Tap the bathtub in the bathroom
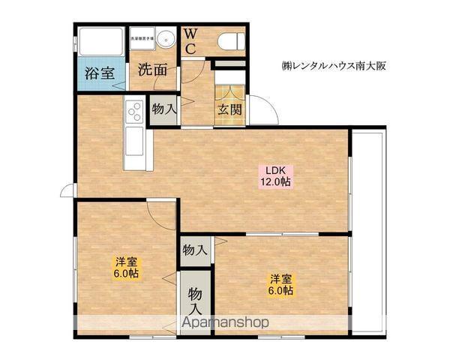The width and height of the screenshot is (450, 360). (99, 41)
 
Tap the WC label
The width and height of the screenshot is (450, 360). (190, 41)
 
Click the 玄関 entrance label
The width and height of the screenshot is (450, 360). (229, 109)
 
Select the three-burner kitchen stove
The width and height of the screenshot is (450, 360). (135, 112)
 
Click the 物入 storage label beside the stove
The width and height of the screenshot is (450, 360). (164, 109)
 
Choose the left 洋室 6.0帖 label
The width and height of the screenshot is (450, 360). (125, 268)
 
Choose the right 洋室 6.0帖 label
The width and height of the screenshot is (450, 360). (282, 286)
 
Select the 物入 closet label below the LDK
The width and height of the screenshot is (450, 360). (195, 250)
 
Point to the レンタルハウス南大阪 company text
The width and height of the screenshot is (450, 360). (333, 64)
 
